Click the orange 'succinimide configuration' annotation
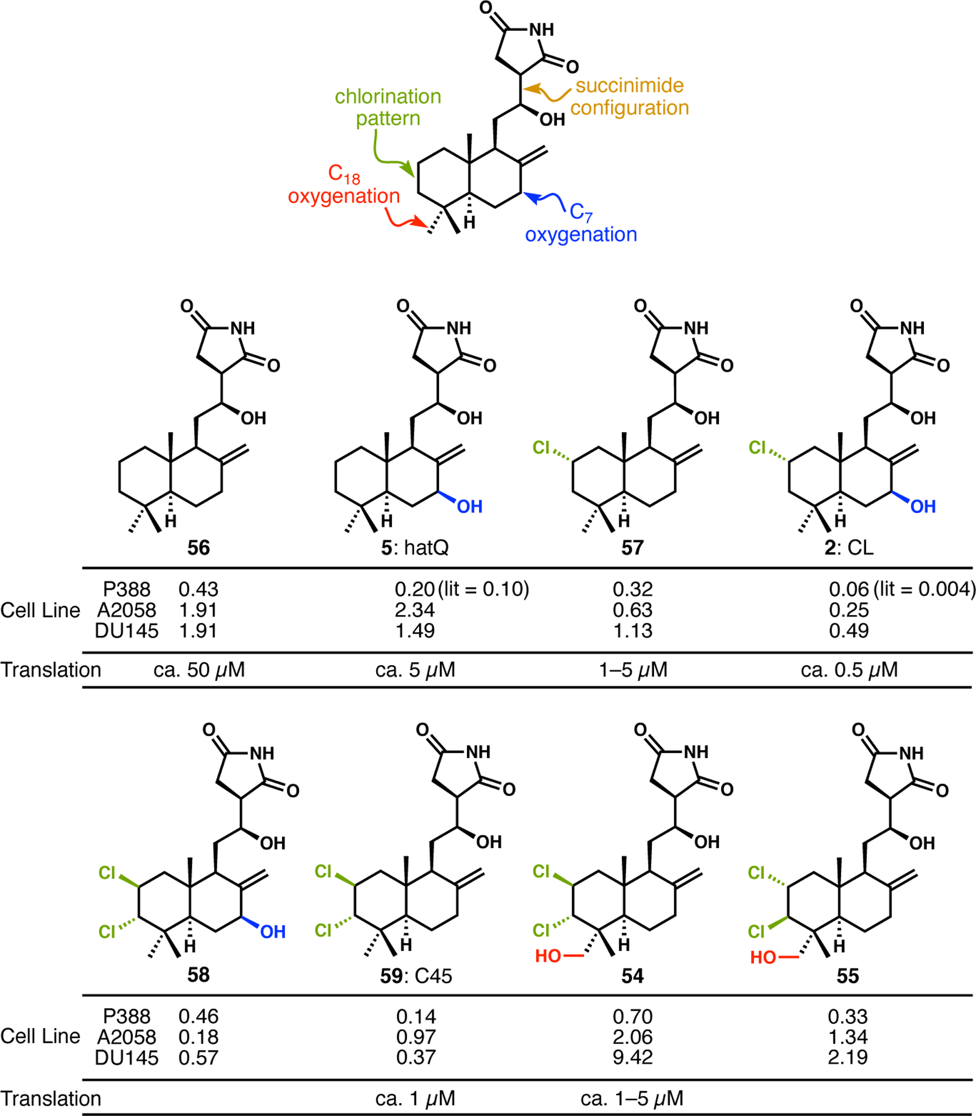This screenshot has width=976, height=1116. pyautogui.click(x=630, y=97)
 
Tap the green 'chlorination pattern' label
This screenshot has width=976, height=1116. pyautogui.click(x=388, y=107)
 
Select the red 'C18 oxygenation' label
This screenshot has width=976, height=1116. pyautogui.click(x=344, y=186)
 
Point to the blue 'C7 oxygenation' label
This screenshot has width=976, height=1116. pyautogui.click(x=581, y=224)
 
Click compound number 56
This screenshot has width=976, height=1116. pyautogui.click(x=198, y=547)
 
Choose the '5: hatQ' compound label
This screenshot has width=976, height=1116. pyautogui.click(x=415, y=547)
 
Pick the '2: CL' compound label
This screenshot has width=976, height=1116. pyautogui.click(x=849, y=547)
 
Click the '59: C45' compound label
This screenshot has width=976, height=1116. pyautogui.click(x=416, y=976)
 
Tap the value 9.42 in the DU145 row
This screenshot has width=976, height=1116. pyautogui.click(x=632, y=1057)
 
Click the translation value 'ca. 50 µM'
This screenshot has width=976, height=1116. pyautogui.click(x=199, y=669)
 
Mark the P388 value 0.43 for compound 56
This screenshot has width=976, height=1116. pyautogui.click(x=198, y=589)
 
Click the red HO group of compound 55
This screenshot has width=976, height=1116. pyautogui.click(x=762, y=958)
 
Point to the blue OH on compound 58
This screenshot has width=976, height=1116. pyautogui.click(x=273, y=933)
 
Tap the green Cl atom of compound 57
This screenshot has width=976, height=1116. pyautogui.click(x=541, y=448)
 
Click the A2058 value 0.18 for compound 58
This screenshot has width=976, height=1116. pyautogui.click(x=198, y=1037)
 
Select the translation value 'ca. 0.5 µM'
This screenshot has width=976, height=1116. pyautogui.click(x=849, y=669)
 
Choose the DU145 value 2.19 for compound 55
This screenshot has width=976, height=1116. pyautogui.click(x=847, y=1057)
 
